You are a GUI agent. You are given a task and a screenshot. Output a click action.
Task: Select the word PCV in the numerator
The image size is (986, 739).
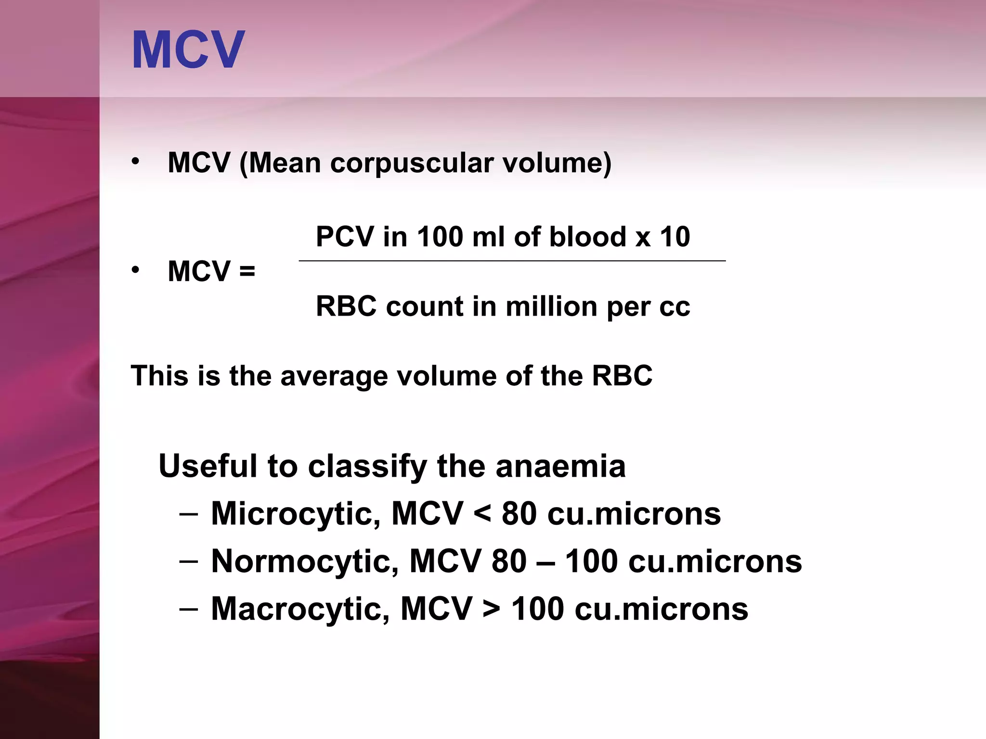click(345, 237)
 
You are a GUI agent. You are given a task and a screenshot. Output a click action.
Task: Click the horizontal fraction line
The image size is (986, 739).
click(512, 261)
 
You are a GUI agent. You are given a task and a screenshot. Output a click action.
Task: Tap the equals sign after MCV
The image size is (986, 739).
click(247, 272)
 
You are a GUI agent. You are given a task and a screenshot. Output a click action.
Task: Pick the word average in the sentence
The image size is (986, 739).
click(334, 376)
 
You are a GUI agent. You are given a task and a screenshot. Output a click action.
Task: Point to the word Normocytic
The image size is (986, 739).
click(305, 561)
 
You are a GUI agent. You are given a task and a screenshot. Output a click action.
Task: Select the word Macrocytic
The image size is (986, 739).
click(300, 609)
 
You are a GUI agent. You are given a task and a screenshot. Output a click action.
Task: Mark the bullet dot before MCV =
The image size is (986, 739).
click(136, 270)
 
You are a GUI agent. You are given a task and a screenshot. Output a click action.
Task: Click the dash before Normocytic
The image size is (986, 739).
click(188, 561)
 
